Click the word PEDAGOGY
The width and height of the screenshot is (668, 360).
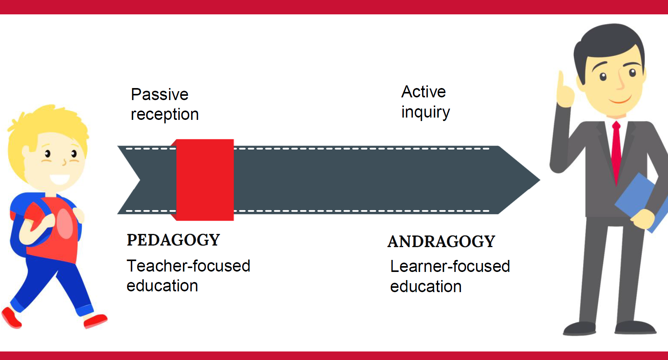173,240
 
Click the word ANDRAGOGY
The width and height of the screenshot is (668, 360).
442,242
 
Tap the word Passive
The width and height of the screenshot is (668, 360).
160,94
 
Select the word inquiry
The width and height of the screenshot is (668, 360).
426,112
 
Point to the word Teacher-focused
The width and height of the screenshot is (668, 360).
188,266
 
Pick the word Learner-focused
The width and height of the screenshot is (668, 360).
450,267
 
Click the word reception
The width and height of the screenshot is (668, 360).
165,115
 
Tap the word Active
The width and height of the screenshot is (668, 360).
424,92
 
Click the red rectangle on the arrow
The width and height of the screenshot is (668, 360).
204,180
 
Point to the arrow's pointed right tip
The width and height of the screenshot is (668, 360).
540,180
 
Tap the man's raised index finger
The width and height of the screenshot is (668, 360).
561,80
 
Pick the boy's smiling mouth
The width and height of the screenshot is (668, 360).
60,179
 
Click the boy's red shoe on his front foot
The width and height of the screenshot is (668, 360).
95,321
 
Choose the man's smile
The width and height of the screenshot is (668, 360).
620,100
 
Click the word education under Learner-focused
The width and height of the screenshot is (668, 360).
426,287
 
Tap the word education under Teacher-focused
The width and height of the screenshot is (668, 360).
162,286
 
